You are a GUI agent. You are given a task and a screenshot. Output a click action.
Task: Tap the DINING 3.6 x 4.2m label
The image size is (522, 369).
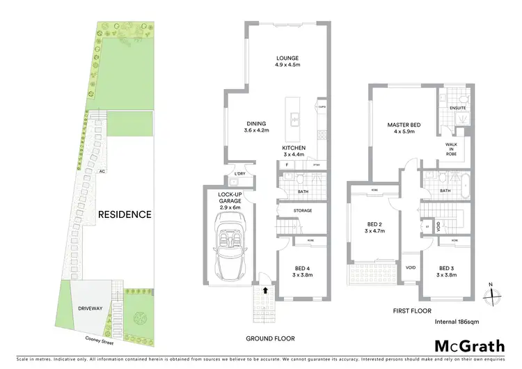tap(256, 126)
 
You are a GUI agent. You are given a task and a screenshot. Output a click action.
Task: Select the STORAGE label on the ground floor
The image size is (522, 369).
tap(302, 210)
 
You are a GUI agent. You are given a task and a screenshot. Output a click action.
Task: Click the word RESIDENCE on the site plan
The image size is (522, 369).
tap(125, 214)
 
